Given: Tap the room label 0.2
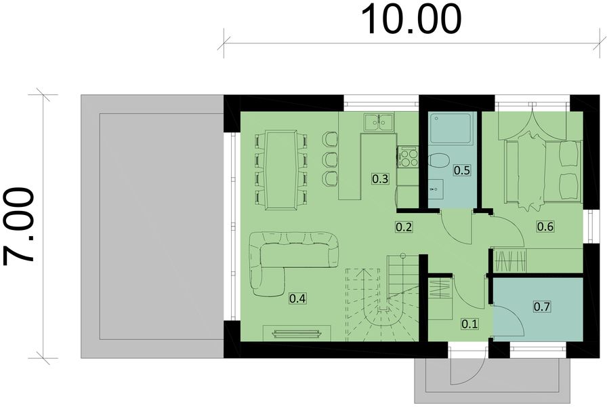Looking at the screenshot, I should click(404, 227).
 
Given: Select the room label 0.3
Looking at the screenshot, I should click(380, 179).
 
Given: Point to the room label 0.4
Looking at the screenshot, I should click(297, 297).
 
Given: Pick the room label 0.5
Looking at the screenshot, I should click(461, 170).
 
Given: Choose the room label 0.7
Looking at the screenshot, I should click(541, 307).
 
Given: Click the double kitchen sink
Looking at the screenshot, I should click(379, 122).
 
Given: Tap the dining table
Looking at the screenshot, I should click(281, 169).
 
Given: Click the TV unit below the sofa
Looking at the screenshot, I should click(296, 332).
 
